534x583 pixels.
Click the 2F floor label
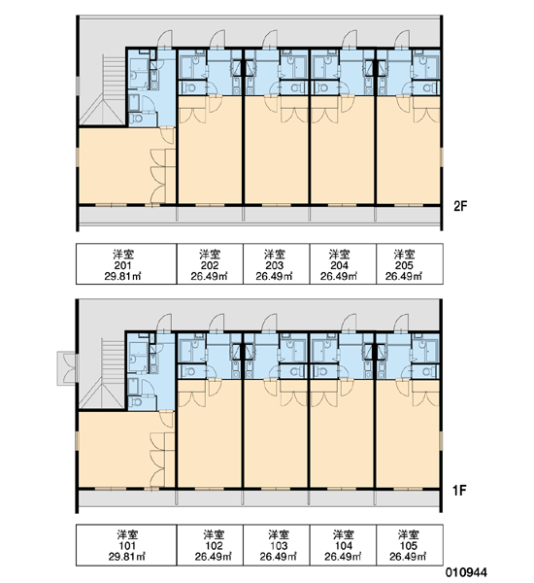click(x=459, y=206)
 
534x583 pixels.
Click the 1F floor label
click(x=459, y=491)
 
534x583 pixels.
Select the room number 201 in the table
click(x=122, y=265)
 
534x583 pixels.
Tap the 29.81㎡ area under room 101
click(x=127, y=557)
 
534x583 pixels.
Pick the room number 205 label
click(x=404, y=265)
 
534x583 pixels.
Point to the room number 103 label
click(x=279, y=546)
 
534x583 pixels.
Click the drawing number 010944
click(x=466, y=572)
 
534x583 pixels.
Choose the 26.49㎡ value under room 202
click(x=209, y=276)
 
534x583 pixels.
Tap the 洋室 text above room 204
click(x=339, y=255)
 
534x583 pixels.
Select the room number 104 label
click(x=344, y=546)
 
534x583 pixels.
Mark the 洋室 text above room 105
click(x=408, y=535)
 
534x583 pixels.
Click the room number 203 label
click(x=274, y=265)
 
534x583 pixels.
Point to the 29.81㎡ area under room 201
click(x=122, y=276)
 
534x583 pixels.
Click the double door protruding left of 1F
click(x=67, y=368)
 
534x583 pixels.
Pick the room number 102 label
click(x=214, y=546)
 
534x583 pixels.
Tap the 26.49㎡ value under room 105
click(x=408, y=557)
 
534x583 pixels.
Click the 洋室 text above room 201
click(x=122, y=255)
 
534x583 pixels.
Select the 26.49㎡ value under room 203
click(x=274, y=276)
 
